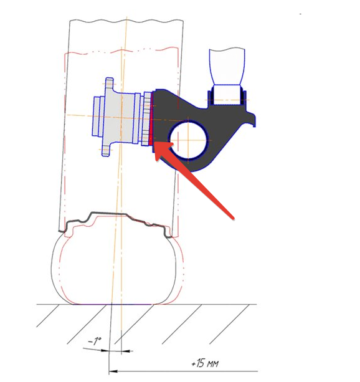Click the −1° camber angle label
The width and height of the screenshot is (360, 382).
tap(95, 341)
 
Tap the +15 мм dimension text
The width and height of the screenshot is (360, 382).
tap(205, 363)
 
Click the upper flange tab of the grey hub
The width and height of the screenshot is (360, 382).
tap(110, 84)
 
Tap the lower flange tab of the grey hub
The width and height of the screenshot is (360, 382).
tap(107, 150)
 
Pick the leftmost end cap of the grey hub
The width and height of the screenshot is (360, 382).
tap(97, 116)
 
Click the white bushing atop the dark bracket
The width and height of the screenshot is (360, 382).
tap(227, 95)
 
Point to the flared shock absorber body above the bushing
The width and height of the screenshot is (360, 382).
tap(227, 67)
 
